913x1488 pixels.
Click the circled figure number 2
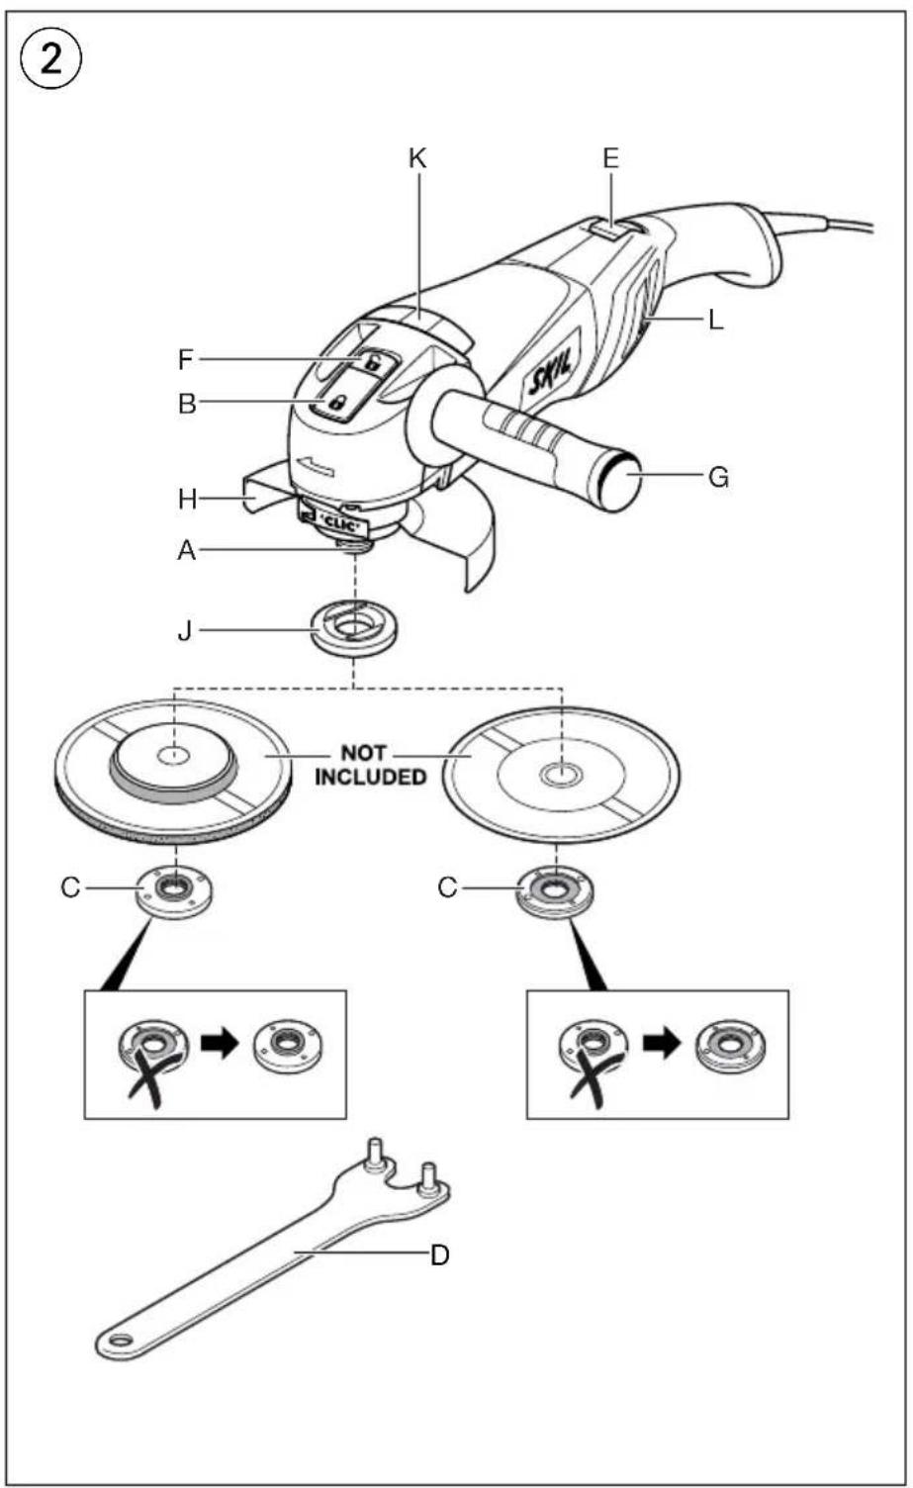click(x=51, y=61)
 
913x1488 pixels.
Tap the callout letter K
click(x=417, y=158)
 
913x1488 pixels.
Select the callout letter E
click(x=611, y=158)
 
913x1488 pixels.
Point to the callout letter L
click(x=715, y=321)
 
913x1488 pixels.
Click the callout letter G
click(x=718, y=477)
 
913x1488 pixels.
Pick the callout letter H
click(x=188, y=499)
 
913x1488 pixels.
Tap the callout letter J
click(x=185, y=630)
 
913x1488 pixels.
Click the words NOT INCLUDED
click(x=370, y=765)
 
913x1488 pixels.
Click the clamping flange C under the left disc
click(x=175, y=889)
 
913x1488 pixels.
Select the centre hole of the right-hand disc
click(x=562, y=773)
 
